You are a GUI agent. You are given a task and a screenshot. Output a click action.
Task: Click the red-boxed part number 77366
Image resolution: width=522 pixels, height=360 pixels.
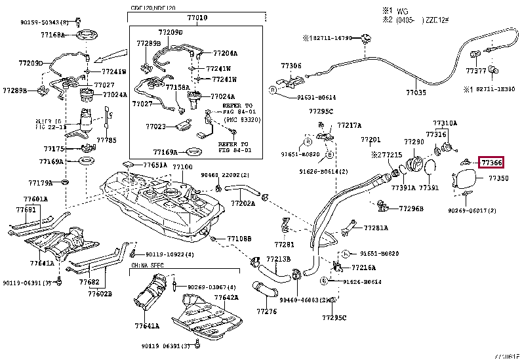492,162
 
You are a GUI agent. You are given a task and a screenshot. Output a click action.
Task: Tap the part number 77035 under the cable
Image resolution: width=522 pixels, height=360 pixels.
415,93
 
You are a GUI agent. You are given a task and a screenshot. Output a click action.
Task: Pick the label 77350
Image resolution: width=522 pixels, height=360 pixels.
498,178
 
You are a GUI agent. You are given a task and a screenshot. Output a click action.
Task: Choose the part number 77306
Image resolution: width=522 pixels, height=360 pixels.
291,66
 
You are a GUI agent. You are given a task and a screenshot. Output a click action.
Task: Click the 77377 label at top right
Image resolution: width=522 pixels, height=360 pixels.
476,70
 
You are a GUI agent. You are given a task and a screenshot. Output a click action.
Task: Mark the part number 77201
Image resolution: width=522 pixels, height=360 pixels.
370,140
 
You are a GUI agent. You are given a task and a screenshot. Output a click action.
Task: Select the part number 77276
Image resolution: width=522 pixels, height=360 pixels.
267,311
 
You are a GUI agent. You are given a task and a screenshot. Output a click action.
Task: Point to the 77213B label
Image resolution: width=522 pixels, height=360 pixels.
277,259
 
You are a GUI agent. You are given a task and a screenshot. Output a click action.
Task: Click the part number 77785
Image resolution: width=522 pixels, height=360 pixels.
106,140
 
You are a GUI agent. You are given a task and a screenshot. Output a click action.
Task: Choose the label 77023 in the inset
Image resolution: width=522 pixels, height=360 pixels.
155,127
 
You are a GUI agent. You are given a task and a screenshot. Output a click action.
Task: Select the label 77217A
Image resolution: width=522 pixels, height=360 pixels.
350,125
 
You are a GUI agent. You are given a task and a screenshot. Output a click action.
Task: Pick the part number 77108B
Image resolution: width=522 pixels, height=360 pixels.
239,238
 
